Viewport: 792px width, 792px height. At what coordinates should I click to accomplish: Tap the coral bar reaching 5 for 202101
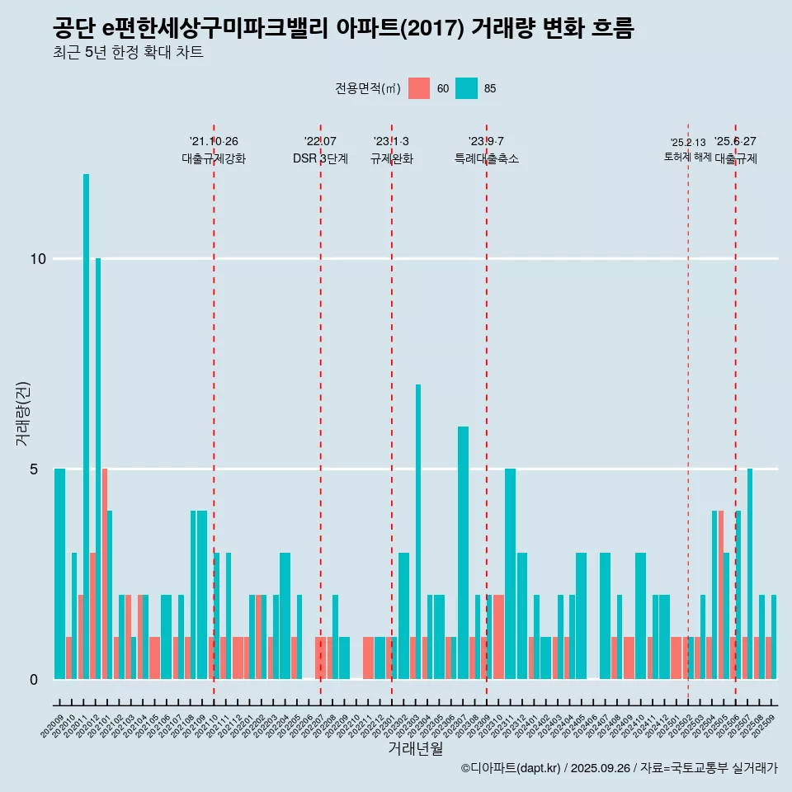105,573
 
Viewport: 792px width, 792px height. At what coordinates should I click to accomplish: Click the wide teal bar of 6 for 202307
463,553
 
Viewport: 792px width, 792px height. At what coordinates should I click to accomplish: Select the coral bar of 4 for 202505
721,594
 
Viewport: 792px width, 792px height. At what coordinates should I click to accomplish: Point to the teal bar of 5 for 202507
750,573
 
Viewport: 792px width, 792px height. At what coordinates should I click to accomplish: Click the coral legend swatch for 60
419,88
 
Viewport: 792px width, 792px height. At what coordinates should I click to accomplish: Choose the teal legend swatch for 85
467,88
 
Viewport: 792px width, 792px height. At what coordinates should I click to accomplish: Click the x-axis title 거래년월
416,749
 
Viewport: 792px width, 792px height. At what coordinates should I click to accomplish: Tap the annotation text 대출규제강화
214,158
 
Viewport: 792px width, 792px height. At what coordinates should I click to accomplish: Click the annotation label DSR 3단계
320,158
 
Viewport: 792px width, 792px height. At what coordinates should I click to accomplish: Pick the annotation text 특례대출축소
487,158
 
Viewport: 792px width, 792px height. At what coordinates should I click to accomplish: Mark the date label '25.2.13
687,143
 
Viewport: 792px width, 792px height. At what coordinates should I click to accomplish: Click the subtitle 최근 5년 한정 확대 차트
128,53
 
